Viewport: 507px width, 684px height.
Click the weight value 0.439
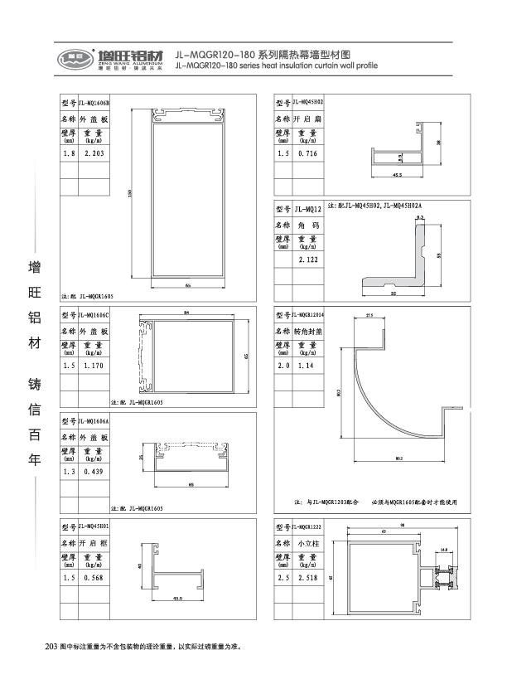coord(91,472)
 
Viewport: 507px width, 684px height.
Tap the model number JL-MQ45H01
coord(94,526)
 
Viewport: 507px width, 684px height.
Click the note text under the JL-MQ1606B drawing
coord(88,295)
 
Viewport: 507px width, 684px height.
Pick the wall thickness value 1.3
coord(69,472)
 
